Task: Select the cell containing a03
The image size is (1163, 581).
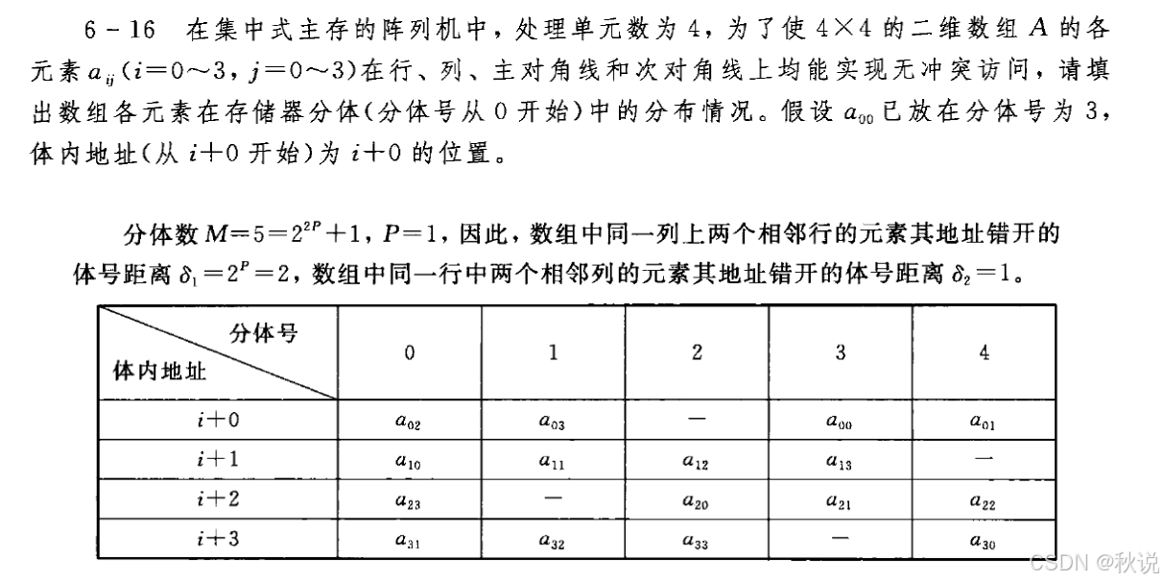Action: click(553, 420)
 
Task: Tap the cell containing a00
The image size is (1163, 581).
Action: click(841, 420)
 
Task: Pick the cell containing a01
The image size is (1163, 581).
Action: click(984, 420)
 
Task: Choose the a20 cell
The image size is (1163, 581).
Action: click(697, 500)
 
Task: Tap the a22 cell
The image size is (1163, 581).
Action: click(984, 500)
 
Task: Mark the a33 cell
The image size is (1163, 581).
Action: click(697, 541)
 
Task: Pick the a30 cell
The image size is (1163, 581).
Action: click(984, 541)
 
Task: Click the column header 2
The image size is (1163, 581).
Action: click(697, 351)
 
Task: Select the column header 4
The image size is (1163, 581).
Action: click(984, 351)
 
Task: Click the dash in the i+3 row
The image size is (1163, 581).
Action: click(841, 540)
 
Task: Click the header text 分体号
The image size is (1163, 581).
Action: click(262, 333)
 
